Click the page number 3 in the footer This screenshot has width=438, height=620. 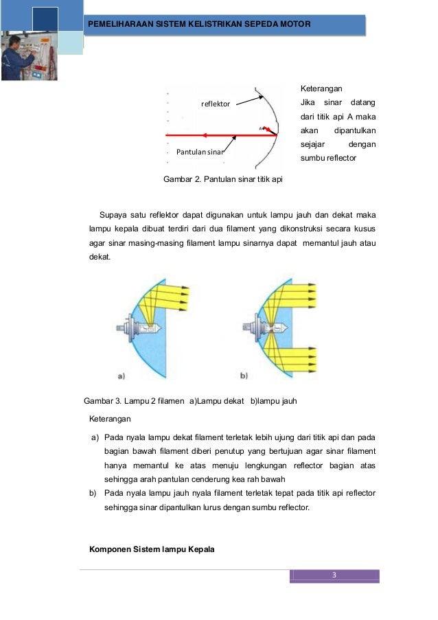coord(334,575)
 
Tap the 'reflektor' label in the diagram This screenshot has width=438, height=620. coord(215,104)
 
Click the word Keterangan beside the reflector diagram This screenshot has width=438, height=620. coord(321,89)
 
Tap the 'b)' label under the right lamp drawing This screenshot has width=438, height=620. coord(243,376)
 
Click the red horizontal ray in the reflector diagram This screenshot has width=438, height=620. coord(220,135)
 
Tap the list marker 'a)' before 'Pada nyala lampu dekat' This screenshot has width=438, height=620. coord(94,437)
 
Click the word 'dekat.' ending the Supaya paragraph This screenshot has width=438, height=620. coord(100,257)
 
